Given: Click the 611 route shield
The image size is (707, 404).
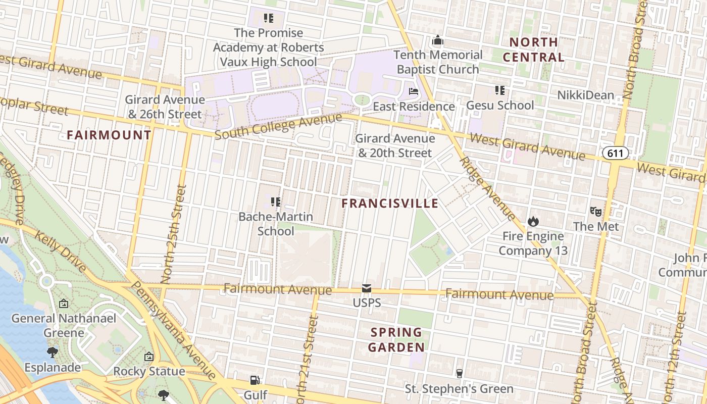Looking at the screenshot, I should click(x=615, y=153).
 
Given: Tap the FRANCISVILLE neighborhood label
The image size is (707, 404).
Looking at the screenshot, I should click(x=390, y=204).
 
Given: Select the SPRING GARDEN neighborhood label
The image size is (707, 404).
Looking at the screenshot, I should click(x=396, y=340).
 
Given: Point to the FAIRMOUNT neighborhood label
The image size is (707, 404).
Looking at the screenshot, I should click(x=109, y=135).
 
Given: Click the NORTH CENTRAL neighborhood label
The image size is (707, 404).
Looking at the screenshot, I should click(x=534, y=49).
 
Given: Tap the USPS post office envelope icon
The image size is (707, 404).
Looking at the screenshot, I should click(x=367, y=289).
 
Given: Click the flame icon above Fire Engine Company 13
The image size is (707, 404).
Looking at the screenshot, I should click(x=533, y=221).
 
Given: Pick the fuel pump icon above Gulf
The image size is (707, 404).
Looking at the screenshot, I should click(x=255, y=380).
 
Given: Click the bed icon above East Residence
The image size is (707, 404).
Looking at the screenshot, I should click(x=414, y=92).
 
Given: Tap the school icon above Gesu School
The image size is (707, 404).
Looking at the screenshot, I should click(x=500, y=90).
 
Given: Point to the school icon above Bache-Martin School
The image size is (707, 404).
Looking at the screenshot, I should click(x=275, y=202).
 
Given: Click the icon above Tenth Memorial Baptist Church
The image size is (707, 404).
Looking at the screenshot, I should click(x=438, y=40).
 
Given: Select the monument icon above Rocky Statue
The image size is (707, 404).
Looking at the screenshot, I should click(x=149, y=357).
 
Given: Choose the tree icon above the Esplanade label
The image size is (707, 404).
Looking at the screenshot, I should click(x=52, y=352).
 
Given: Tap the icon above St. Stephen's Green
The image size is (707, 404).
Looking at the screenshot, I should click(x=459, y=374).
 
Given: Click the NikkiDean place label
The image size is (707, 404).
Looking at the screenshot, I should click(x=586, y=95).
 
